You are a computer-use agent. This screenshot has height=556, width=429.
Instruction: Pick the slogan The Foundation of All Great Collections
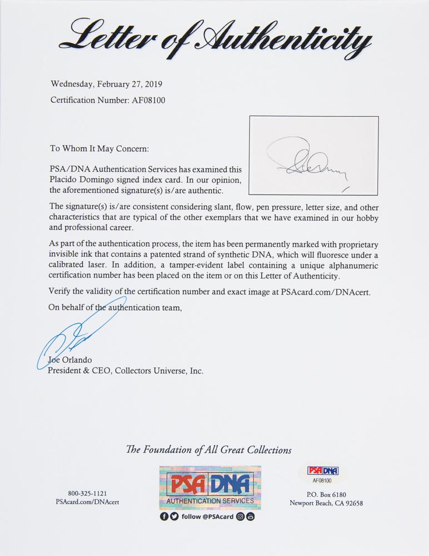tap(214, 450)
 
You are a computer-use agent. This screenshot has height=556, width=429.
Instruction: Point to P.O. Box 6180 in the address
tap(326, 493)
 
